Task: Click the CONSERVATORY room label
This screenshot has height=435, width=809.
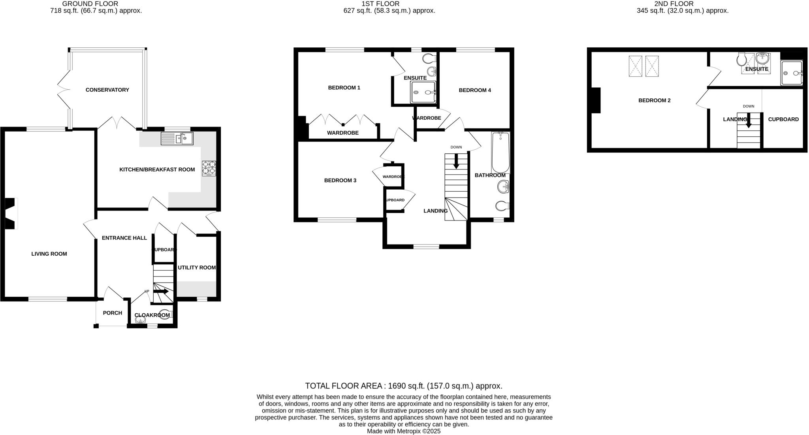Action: click(107, 90)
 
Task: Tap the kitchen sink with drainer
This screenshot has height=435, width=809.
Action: click(177, 139)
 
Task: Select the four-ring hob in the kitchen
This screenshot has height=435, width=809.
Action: click(209, 168)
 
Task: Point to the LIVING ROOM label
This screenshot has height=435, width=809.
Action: click(49, 254)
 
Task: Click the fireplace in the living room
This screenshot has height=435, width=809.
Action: click(11, 213)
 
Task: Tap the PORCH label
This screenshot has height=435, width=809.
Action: click(112, 313)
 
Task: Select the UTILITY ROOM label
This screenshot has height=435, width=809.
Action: click(197, 268)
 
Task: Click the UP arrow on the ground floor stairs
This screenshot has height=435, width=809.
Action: click(161, 292)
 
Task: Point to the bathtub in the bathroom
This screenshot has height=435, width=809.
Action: click(500, 153)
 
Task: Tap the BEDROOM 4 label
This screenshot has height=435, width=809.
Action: click(475, 90)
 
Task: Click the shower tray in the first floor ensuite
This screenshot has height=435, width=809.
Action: click(423, 92)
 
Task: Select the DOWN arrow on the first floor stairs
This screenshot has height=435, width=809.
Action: click(456, 161)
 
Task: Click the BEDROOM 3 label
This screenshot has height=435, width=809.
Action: click(340, 181)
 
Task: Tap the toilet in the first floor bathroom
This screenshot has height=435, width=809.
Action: click(502, 206)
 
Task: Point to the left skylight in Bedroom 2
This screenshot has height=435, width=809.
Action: click(635, 66)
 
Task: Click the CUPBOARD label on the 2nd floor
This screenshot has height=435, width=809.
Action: click(783, 119)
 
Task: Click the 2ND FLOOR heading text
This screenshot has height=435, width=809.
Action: click(682, 4)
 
